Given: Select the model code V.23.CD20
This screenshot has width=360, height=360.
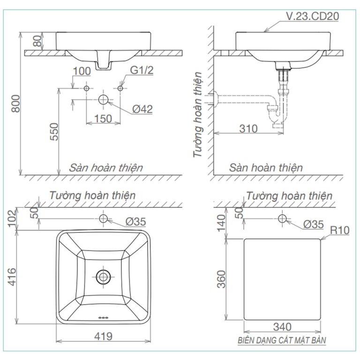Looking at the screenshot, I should tap(312, 16).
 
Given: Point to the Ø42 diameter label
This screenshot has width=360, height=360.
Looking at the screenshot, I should tap(142, 109).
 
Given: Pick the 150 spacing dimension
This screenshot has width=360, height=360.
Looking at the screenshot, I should tap(103, 119).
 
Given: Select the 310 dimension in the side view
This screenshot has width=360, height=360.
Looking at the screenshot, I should tap(248, 128).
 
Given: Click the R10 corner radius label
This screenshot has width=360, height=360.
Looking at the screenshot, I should tap(340, 230).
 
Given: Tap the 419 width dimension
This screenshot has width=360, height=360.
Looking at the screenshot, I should tap(103, 336).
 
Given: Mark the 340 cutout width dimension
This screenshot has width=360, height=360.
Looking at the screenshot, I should tap(282, 326).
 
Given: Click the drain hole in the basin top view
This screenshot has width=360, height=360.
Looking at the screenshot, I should tap(103, 277).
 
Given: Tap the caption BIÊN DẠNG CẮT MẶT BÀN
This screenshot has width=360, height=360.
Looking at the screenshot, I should tap(282, 340).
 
